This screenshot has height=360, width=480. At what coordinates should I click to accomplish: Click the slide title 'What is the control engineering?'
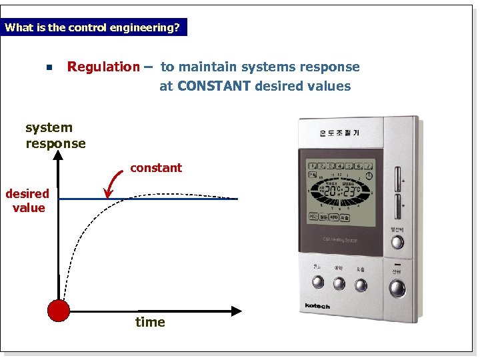click(x=92, y=28)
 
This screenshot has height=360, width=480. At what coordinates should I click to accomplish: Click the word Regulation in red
click(x=103, y=67)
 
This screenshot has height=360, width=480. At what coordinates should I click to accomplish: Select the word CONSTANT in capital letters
click(x=214, y=86)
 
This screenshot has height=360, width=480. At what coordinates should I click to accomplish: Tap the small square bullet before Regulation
click(x=49, y=68)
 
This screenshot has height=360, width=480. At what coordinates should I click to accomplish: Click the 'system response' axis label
click(x=55, y=135)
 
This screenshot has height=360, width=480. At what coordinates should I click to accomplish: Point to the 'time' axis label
click(x=150, y=323)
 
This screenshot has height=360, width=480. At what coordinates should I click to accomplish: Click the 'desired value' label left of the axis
click(x=28, y=201)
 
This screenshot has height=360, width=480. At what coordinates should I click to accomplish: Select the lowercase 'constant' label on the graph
click(x=156, y=168)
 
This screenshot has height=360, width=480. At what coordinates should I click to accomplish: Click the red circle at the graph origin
click(x=59, y=311)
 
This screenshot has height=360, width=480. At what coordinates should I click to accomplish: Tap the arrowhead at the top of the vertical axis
click(x=59, y=155)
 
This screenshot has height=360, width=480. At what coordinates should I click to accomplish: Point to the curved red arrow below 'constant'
click(x=115, y=183)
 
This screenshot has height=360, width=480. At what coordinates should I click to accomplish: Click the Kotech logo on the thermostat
click(x=317, y=306)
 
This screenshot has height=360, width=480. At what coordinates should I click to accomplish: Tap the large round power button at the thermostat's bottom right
click(x=397, y=288)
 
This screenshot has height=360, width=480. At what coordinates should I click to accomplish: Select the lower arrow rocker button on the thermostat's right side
click(x=397, y=206)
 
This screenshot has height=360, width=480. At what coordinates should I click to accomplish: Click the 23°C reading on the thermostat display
click(x=353, y=189)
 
